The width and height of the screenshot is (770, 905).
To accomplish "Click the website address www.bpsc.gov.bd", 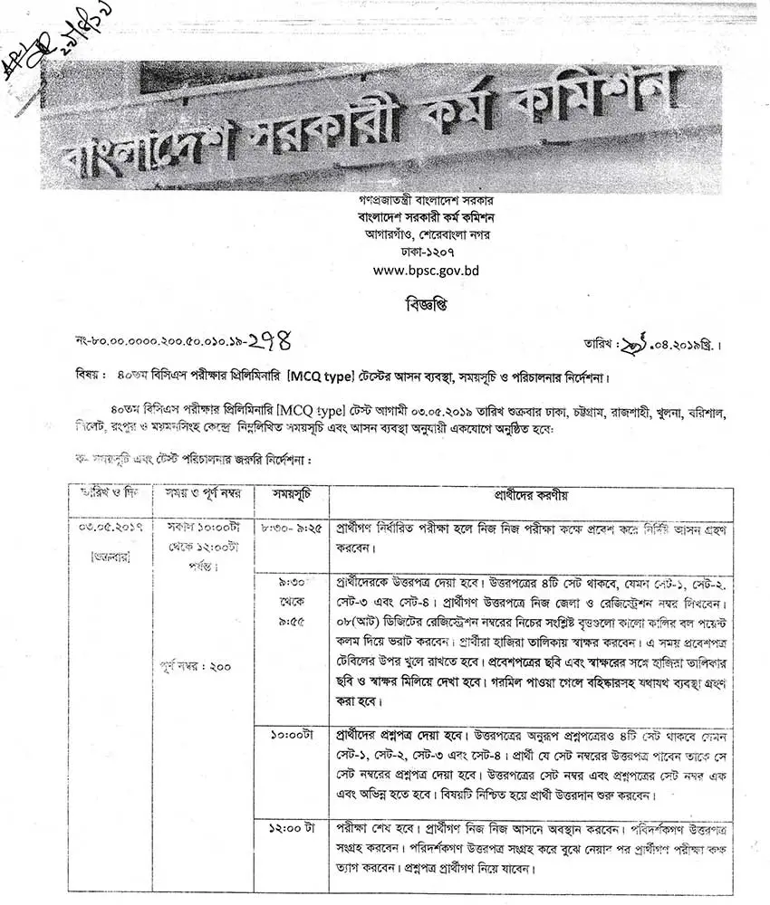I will tap(426, 270).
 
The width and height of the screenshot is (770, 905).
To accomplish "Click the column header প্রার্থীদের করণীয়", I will tap(531, 496).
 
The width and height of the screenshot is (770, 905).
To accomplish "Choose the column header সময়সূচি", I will tap(291, 496).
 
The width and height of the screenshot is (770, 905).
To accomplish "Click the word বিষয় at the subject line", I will tap(92, 374).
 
